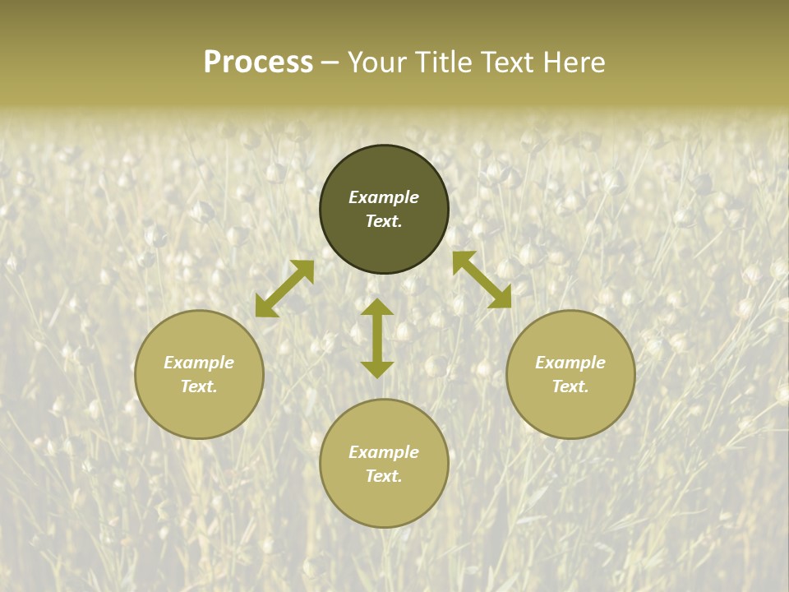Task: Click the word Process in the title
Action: (x=258, y=62)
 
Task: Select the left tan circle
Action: (x=199, y=411)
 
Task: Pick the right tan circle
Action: (x=570, y=411)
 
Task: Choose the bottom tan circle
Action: (x=384, y=502)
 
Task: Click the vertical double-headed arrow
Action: (x=377, y=338)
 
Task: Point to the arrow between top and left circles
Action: (x=284, y=289)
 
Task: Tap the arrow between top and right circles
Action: (x=482, y=280)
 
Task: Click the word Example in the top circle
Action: (x=384, y=197)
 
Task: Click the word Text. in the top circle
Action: (x=384, y=221)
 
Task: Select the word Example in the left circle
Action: (x=199, y=363)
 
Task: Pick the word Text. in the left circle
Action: (x=199, y=386)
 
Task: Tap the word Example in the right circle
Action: (x=570, y=363)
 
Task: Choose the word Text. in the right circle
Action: (x=570, y=386)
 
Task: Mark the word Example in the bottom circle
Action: (x=384, y=452)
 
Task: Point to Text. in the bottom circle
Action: (x=384, y=476)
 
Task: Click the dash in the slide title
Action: (x=330, y=63)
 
